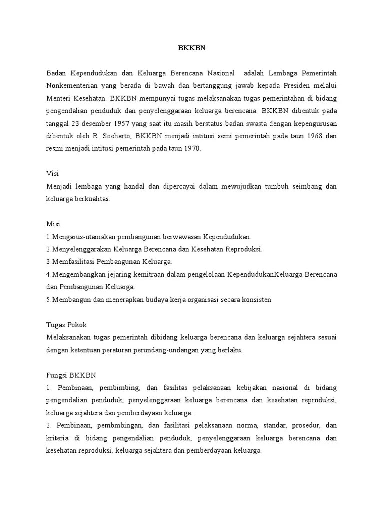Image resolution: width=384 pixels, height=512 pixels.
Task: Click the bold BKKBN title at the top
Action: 192,49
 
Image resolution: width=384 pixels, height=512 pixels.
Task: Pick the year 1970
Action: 190,149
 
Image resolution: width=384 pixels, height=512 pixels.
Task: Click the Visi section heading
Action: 52,173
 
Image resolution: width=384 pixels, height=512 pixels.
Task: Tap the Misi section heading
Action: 53,224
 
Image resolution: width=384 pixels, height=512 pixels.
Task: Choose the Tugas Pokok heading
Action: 66,324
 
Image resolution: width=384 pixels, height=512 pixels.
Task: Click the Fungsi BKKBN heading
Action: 71,375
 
